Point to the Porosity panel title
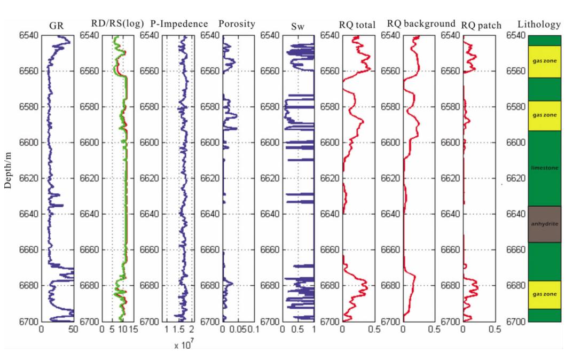(237, 24)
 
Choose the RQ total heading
(357, 25)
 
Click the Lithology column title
(540, 25)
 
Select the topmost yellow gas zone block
(544, 61)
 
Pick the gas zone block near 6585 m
(544, 115)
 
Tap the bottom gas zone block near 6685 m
(544, 294)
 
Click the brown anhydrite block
(544, 224)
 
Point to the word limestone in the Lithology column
(544, 168)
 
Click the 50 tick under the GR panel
(73, 330)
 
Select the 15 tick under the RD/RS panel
(133, 330)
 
